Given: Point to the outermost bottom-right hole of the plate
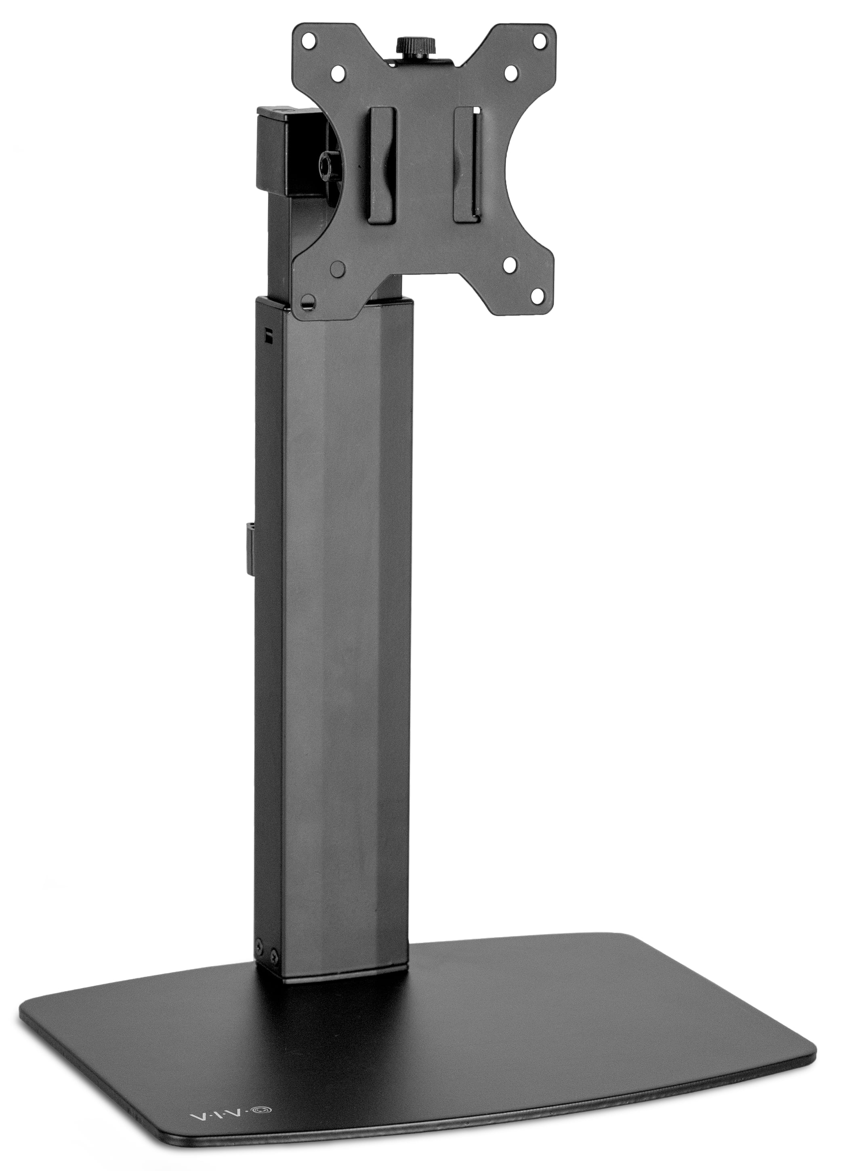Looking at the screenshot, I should pyautogui.click(x=539, y=300).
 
